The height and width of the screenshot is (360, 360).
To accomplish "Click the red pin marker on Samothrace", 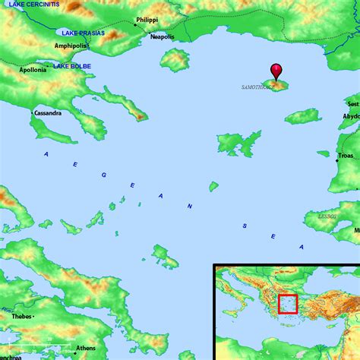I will [276, 72].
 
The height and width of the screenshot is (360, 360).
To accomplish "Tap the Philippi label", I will [147, 21].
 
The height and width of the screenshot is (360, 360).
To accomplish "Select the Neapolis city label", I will [162, 36].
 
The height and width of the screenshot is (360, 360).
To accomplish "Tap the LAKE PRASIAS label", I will [78, 33].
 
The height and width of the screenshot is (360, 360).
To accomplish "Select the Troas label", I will [346, 156].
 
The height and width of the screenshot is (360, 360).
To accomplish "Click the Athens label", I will [86, 348].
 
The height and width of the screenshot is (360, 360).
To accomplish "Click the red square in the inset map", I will [288, 304].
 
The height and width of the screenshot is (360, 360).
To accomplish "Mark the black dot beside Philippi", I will [135, 25].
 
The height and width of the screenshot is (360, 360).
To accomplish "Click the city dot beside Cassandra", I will [33, 113].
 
